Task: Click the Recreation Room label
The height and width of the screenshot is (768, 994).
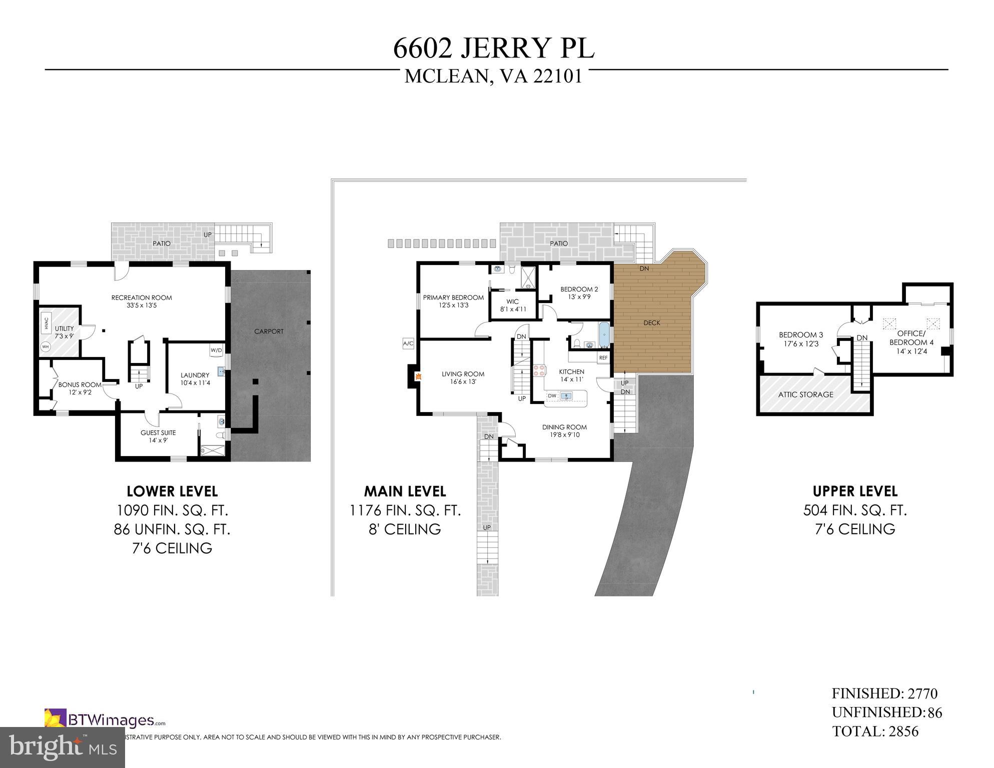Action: [x=142, y=297]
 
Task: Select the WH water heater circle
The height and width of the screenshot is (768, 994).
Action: [x=46, y=346]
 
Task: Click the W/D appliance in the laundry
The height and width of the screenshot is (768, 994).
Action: [x=216, y=350]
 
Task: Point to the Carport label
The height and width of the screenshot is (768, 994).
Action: [x=269, y=331]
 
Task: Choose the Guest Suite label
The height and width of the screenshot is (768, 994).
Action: [x=158, y=433]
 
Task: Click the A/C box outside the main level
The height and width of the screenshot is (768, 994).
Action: [x=408, y=343]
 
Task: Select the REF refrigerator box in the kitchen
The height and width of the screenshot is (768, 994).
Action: [x=603, y=357]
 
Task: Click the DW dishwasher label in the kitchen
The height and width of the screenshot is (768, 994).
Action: [x=552, y=395]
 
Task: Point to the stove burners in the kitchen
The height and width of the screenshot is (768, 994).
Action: [x=539, y=370]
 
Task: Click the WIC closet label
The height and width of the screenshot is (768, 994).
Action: [x=513, y=301]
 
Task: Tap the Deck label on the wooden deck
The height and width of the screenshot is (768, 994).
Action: [x=652, y=322]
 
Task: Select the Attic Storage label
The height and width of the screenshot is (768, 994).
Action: [x=805, y=394]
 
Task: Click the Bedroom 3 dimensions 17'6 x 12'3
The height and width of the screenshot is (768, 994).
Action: [x=801, y=343]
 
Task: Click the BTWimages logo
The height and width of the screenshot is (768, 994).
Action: [x=105, y=720]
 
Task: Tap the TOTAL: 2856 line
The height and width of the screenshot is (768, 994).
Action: [x=875, y=731]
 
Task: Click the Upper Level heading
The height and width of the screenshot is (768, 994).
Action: [x=855, y=491]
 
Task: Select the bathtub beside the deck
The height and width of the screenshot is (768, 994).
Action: [x=604, y=334]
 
